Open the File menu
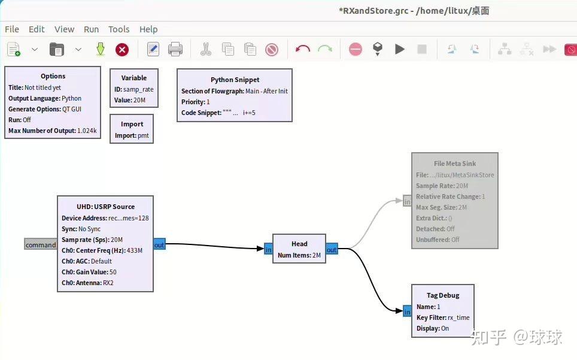click(x=12, y=29)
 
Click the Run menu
click(x=91, y=29)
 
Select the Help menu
click(x=148, y=29)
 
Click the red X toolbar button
click(x=122, y=50)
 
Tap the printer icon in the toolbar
click(x=175, y=50)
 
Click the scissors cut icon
click(x=206, y=50)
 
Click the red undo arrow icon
click(x=303, y=50)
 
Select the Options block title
click(x=53, y=76)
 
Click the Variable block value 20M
click(x=139, y=100)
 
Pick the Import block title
click(x=132, y=124)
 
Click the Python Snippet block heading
click(x=235, y=80)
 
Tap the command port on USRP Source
click(x=41, y=244)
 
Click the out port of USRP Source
click(x=159, y=244)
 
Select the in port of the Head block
click(x=268, y=249)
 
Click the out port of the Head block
click(x=332, y=249)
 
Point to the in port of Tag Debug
click(x=407, y=311)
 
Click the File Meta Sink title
click(x=455, y=163)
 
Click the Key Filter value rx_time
click(x=459, y=317)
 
